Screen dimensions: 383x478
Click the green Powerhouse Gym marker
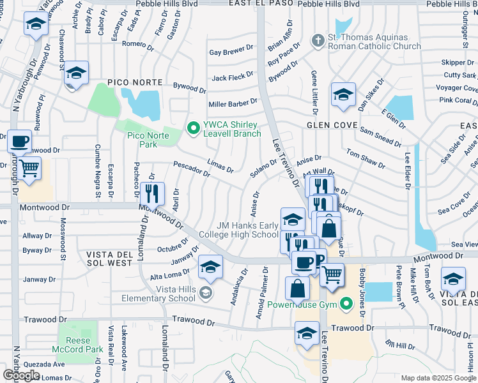click(x=346, y=304)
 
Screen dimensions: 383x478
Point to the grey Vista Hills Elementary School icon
click(x=206, y=294)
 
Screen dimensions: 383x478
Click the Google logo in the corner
click(x=22, y=375)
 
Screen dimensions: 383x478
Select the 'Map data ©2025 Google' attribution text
click(x=438, y=378)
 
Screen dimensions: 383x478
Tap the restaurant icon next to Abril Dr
click(x=152, y=193)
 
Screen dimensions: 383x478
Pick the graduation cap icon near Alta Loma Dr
click(x=210, y=267)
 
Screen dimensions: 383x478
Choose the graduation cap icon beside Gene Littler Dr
click(x=343, y=95)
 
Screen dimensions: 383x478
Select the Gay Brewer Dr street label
click(x=231, y=53)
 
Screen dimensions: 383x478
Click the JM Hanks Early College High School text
click(x=247, y=230)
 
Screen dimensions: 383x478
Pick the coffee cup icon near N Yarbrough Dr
click(x=19, y=141)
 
